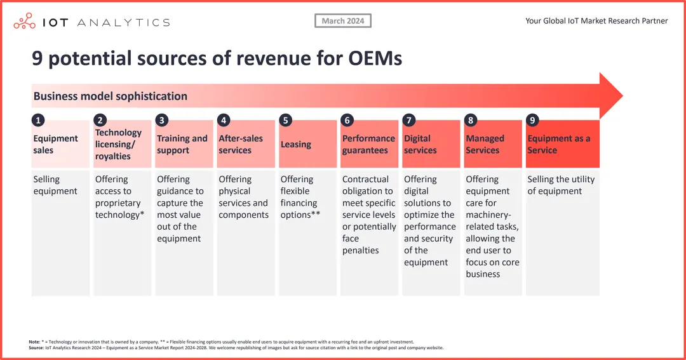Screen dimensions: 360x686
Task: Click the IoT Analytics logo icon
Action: point(24,22)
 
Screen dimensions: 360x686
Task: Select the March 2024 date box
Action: point(343,21)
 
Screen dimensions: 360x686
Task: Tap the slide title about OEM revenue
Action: point(217,59)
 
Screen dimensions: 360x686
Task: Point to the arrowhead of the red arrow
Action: point(610,96)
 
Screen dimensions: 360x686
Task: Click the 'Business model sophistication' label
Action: point(110,97)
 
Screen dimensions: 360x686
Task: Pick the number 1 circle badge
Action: point(37,120)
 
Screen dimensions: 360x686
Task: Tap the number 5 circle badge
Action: point(285,120)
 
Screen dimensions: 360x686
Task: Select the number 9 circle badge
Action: point(532,120)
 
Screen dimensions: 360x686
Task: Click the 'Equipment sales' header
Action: point(55,144)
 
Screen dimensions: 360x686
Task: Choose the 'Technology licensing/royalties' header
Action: point(118,144)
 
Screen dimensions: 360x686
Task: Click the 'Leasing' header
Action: point(296,144)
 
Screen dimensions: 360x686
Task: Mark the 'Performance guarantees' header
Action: point(368,144)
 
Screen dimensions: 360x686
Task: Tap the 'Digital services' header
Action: point(420,144)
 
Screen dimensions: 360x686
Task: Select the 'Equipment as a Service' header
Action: point(558,144)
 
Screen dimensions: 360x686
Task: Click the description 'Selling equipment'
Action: point(55,185)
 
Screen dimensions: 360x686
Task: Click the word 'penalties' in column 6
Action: point(360,251)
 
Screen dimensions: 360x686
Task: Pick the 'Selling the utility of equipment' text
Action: point(561,185)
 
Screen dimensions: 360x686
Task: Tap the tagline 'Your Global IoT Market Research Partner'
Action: point(596,21)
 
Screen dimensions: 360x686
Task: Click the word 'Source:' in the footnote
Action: point(36,348)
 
